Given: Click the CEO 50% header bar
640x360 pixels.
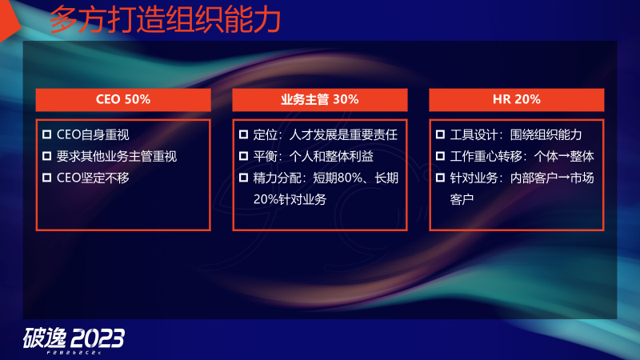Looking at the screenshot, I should (123, 100).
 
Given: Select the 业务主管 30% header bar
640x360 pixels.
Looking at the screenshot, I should (319, 100).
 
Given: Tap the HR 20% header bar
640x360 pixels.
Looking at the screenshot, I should (516, 100).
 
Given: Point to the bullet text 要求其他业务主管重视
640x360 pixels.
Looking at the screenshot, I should (117, 156).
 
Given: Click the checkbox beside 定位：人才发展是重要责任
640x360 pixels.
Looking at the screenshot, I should (243, 134).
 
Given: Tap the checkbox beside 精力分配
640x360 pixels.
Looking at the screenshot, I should (243, 178).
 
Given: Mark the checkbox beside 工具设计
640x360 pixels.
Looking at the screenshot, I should (440, 134).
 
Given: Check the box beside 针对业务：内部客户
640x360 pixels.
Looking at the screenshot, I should (440, 178).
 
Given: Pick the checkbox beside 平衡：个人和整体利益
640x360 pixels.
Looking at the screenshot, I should (243, 156).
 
